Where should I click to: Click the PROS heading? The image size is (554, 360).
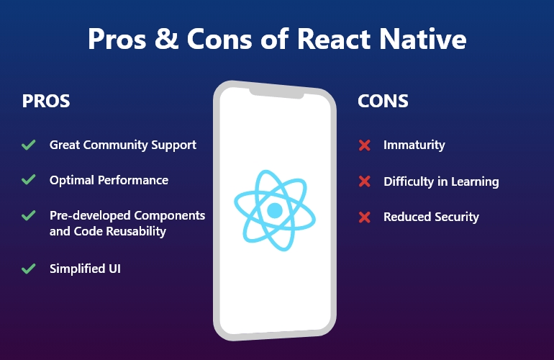46,102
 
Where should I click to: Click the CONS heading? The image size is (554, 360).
383,102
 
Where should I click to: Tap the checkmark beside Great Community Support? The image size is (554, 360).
29,145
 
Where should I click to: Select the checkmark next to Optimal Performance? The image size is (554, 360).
29,180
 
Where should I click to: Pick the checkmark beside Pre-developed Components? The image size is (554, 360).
29,215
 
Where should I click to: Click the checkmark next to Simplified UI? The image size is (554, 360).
29,269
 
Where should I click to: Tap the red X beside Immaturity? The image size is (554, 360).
364,145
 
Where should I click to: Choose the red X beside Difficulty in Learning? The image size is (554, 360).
364,181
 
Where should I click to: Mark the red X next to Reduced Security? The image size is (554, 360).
364,217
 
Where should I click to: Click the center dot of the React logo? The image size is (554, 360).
274,210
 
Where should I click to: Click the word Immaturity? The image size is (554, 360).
414,145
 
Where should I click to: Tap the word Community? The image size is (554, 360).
117,145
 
